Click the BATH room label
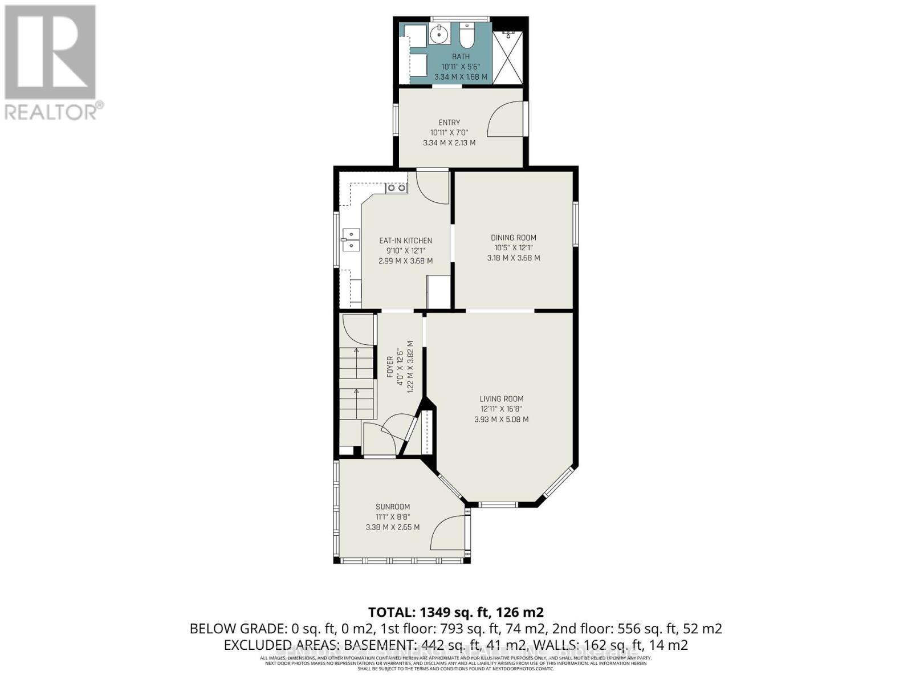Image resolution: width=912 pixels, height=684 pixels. [x=461, y=56]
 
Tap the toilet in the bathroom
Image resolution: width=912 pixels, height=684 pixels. [x=467, y=35]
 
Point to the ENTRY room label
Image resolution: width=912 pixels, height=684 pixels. [x=449, y=123]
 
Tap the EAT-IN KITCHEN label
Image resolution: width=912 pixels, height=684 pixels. [x=405, y=241]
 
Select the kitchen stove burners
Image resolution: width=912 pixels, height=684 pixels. [x=396, y=188]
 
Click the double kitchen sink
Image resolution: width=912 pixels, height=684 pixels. [x=351, y=239]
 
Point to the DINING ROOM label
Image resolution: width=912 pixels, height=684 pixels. [x=513, y=238]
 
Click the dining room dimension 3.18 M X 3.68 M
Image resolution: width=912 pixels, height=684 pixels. [x=513, y=258]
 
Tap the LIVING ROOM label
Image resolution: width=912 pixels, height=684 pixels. [x=501, y=399]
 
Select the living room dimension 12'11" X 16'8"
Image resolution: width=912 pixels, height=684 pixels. [x=501, y=409]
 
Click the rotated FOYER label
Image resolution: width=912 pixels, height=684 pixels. [x=390, y=367]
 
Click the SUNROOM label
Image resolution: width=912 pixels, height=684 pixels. [x=392, y=507]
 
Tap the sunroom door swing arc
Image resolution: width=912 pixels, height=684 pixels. [x=447, y=533]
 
